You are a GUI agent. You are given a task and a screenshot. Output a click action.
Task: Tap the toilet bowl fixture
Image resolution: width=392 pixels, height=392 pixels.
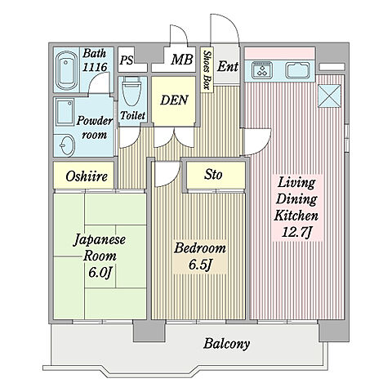(x=131, y=90)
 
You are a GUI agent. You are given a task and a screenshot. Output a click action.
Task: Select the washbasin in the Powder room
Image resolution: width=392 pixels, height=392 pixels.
(x=67, y=145)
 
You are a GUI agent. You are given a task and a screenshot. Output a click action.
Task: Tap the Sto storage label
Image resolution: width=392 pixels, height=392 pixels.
(x=213, y=174)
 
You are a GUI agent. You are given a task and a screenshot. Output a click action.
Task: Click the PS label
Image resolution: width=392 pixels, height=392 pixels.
(x=127, y=60)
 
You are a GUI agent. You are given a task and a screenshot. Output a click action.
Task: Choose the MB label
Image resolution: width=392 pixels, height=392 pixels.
(x=181, y=60)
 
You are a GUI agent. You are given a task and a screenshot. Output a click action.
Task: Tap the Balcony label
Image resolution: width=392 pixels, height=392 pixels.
(x=226, y=344)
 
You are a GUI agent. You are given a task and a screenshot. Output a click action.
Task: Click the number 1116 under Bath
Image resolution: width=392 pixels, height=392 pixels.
(x=95, y=68)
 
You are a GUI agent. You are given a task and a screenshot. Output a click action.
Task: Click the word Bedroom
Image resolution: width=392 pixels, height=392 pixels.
(x=200, y=247)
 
